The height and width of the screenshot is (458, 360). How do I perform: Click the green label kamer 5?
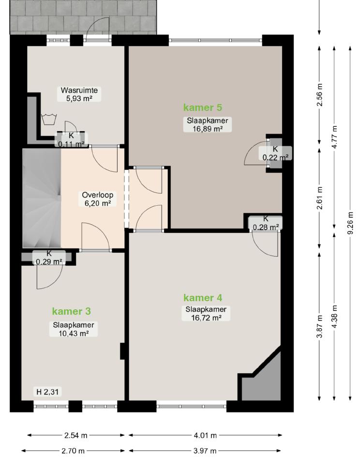(x=203, y=107)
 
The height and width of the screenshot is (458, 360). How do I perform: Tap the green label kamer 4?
(x=203, y=298)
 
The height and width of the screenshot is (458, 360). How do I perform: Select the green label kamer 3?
(x=72, y=311)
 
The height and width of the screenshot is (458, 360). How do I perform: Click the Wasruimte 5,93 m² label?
(x=79, y=94)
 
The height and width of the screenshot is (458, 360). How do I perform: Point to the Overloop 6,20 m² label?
(x=98, y=199)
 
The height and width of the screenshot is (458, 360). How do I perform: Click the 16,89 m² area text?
(x=207, y=129)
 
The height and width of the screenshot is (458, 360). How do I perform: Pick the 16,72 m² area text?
(x=206, y=318)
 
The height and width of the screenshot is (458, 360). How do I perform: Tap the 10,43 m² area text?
(x=74, y=333)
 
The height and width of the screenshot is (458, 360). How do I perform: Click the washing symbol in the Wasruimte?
(x=49, y=120)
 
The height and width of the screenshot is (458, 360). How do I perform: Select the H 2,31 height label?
(x=47, y=392)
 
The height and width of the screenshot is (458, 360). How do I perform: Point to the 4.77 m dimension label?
(x=335, y=137)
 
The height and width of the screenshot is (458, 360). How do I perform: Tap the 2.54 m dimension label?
(x=75, y=436)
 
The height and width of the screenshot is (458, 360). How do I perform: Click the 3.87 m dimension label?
(x=320, y=327)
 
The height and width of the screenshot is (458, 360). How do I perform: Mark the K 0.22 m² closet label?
(x=275, y=153)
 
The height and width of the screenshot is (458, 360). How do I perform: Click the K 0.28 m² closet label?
(x=266, y=223)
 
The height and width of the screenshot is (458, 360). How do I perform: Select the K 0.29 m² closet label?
(x=49, y=258)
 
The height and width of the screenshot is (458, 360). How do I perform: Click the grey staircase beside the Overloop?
(x=42, y=198)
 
